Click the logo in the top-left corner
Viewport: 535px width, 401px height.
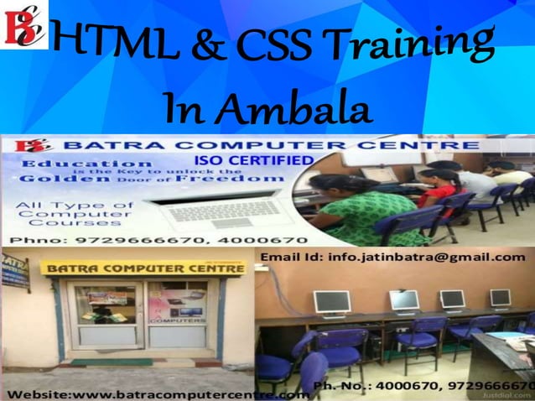23,23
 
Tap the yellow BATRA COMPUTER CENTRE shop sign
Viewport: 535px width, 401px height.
143,268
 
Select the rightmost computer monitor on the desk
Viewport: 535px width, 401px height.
500,297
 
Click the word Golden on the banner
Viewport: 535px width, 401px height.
54,178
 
